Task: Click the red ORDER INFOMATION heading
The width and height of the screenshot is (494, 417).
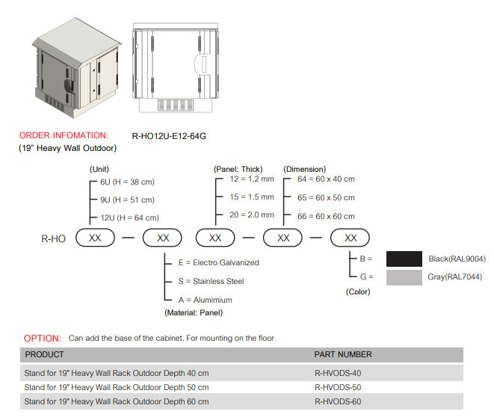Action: pos(64,135)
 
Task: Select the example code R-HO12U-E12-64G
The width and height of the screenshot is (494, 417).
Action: pos(169,136)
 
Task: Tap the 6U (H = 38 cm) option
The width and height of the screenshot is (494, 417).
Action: pos(127,182)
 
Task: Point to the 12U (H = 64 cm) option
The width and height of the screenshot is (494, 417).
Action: pos(129,217)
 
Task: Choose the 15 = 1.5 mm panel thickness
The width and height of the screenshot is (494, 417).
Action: pos(252,197)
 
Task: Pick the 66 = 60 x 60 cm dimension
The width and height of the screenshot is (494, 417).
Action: pos(326,217)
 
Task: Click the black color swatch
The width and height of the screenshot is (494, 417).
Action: pos(404,259)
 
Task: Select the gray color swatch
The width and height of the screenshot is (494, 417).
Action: pos(404,277)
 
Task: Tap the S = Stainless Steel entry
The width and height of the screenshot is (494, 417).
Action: pos(211,281)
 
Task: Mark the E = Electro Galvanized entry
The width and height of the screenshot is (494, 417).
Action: pos(219,262)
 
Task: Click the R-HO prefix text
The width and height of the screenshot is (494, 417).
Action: pos(53,238)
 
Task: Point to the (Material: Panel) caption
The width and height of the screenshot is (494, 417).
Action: pos(194,312)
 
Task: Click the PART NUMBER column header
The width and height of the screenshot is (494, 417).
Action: pos(343,355)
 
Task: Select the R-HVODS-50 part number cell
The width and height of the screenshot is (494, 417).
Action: pos(338,387)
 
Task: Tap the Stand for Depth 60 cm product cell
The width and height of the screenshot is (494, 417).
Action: pos(117,401)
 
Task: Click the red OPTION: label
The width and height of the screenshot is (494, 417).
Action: pos(43,339)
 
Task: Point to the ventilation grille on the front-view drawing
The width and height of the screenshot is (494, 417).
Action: pos(176,105)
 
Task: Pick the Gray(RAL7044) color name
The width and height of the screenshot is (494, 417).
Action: pos(454,277)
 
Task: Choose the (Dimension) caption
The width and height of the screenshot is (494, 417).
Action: pos(305,169)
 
